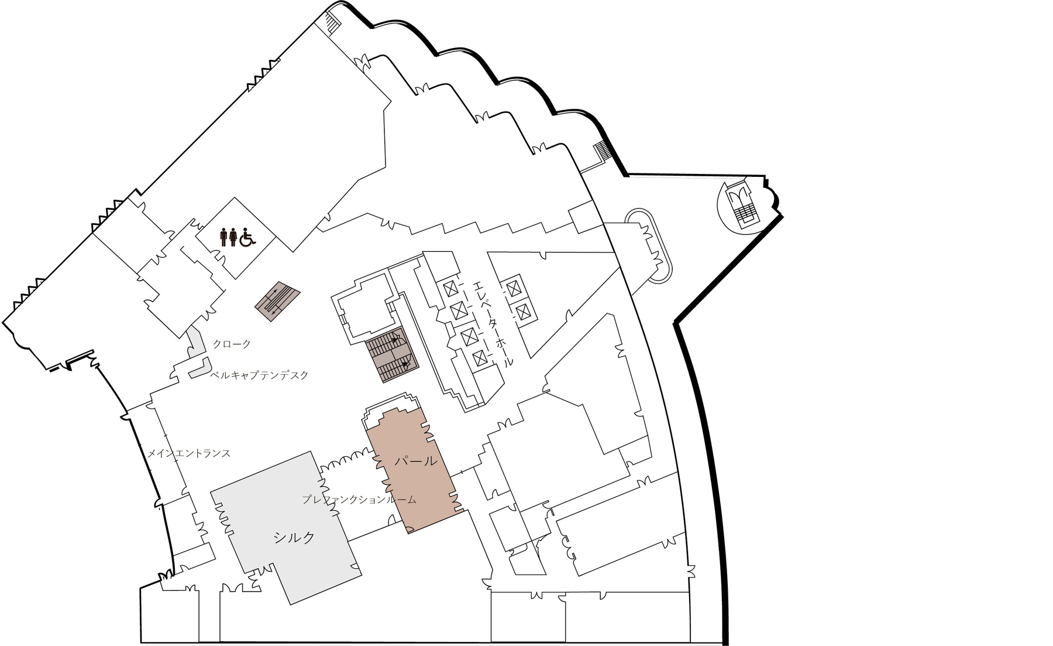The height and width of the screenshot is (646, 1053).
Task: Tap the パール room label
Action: click(415, 461)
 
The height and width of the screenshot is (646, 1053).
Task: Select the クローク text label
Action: click(232, 344)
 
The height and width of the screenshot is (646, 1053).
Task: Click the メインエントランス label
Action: click(188, 453)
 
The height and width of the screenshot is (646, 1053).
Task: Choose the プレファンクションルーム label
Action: click(359, 500)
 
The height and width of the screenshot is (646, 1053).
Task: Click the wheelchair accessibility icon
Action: click(248, 236)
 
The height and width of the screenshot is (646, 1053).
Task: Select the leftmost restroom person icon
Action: click(224, 236)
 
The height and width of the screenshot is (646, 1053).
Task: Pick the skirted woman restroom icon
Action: click(234, 236)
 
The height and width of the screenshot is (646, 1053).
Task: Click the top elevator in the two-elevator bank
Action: click(514, 288)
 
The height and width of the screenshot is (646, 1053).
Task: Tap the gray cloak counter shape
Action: click(197, 352)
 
